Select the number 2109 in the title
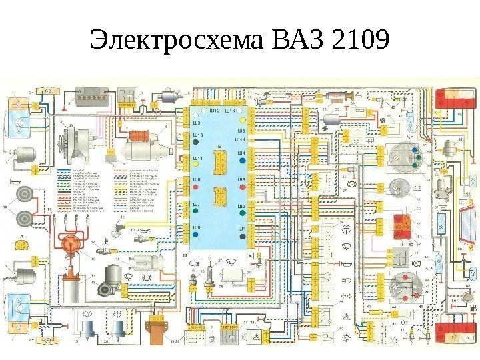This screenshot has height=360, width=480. tap(359, 41)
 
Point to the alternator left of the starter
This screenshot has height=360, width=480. tap(69, 144)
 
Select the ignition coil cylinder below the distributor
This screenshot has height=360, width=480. tap(69, 287)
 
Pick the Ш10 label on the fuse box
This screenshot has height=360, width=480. tap(197, 135)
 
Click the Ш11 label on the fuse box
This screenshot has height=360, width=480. tap(197, 159)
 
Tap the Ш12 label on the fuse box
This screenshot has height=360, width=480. tap(215, 111)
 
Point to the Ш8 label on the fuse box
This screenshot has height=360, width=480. tap(197, 228)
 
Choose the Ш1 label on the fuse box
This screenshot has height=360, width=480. tap(241, 228)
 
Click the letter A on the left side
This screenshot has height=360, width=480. tap(22, 237)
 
